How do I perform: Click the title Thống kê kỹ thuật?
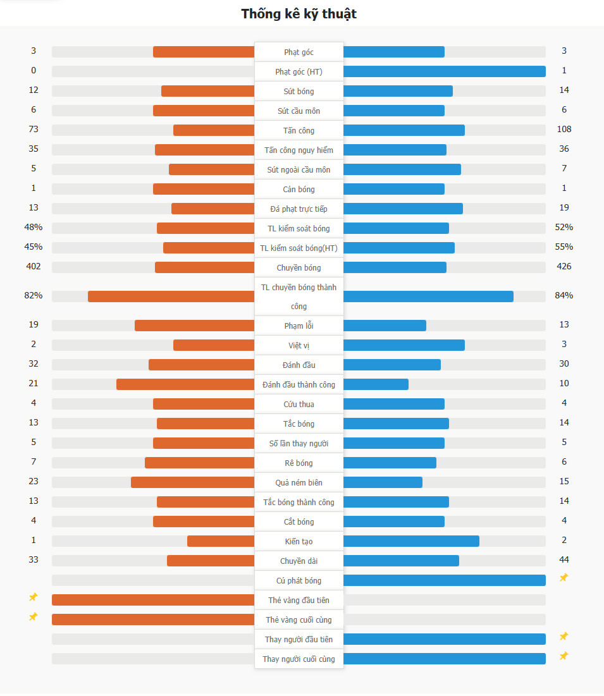point(299,14)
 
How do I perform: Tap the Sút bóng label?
point(299,92)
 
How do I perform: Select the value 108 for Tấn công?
point(564,129)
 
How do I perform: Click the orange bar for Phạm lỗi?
point(195,326)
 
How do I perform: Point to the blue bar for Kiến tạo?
point(411,541)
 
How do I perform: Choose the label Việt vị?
point(299,346)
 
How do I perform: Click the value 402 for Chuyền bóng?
point(34,266)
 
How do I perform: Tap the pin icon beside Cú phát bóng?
point(564,577)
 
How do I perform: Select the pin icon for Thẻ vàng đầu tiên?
point(34,597)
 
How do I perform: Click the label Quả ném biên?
point(299,483)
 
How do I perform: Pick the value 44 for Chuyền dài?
point(564,559)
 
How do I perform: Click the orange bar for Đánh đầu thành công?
point(185,384)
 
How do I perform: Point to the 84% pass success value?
point(564,295)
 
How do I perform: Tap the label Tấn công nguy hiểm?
point(299,150)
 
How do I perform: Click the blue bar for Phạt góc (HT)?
point(444,71)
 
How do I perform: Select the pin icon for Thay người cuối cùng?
point(564,656)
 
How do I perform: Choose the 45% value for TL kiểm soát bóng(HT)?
point(34,247)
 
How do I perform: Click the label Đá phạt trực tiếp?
point(299,209)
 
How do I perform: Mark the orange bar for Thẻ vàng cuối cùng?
point(153,620)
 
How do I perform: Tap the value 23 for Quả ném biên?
point(34,481)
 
